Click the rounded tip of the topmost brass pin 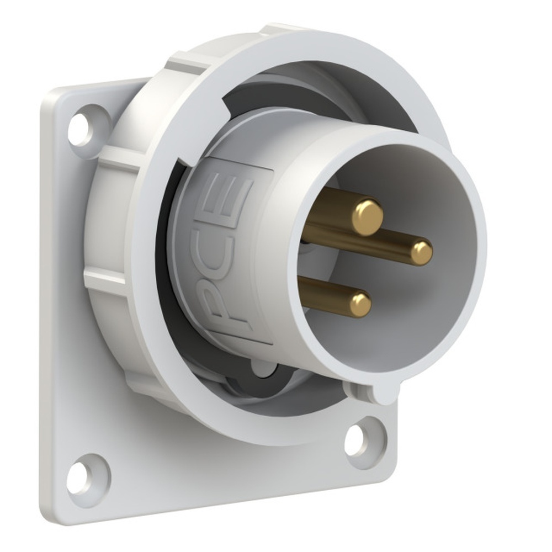click(368, 217)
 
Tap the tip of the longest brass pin click(422, 253)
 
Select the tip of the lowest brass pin click(360, 305)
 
